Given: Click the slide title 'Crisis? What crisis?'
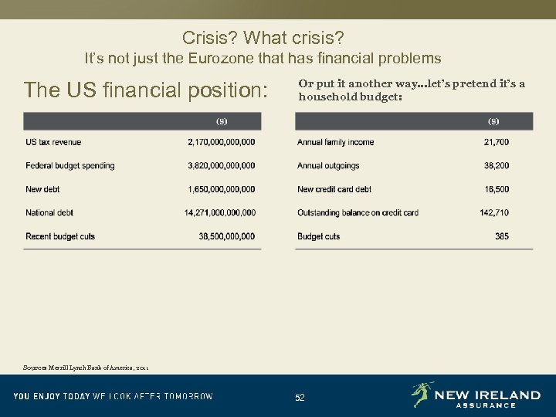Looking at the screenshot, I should tap(263, 37).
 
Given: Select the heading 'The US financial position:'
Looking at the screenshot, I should tap(146, 90).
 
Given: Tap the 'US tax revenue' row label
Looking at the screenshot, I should tap(53, 142).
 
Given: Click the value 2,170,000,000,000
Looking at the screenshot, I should tap(222, 142).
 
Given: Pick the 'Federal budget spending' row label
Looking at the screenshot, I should tap(69, 166).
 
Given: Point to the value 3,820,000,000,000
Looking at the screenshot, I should tap(222, 166).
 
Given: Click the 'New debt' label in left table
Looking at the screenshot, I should tap(42, 189).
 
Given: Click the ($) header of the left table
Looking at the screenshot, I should tap(221, 121).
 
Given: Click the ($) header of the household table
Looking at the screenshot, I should tap(493, 121).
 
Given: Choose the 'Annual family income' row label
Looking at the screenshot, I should tap(335, 142).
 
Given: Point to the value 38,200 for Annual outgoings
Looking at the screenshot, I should tap(497, 166).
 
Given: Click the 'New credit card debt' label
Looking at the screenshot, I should tap(334, 189).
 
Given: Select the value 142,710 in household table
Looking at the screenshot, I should tap(494, 213).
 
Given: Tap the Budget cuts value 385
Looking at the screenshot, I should tap(502, 236).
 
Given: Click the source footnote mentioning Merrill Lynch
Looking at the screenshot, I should tap(86, 368).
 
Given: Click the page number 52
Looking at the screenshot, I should tap(300, 398).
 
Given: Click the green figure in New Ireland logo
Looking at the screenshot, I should tap(422, 395).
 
